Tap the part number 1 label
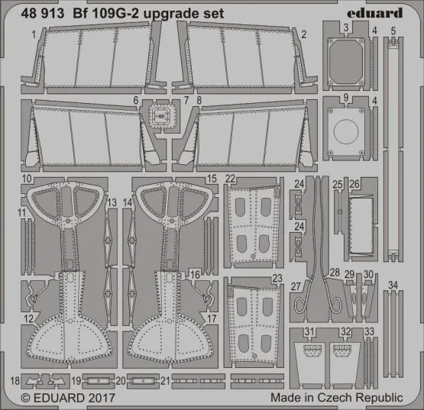pyautogui.click(x=34, y=35)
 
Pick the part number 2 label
pyautogui.click(x=303, y=34)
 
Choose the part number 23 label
pyautogui.click(x=277, y=279)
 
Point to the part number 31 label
pyautogui.click(x=309, y=331)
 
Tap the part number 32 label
pyautogui.click(x=346, y=331)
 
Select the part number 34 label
pyautogui.click(x=393, y=286)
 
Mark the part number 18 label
pyautogui.click(x=16, y=379)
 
